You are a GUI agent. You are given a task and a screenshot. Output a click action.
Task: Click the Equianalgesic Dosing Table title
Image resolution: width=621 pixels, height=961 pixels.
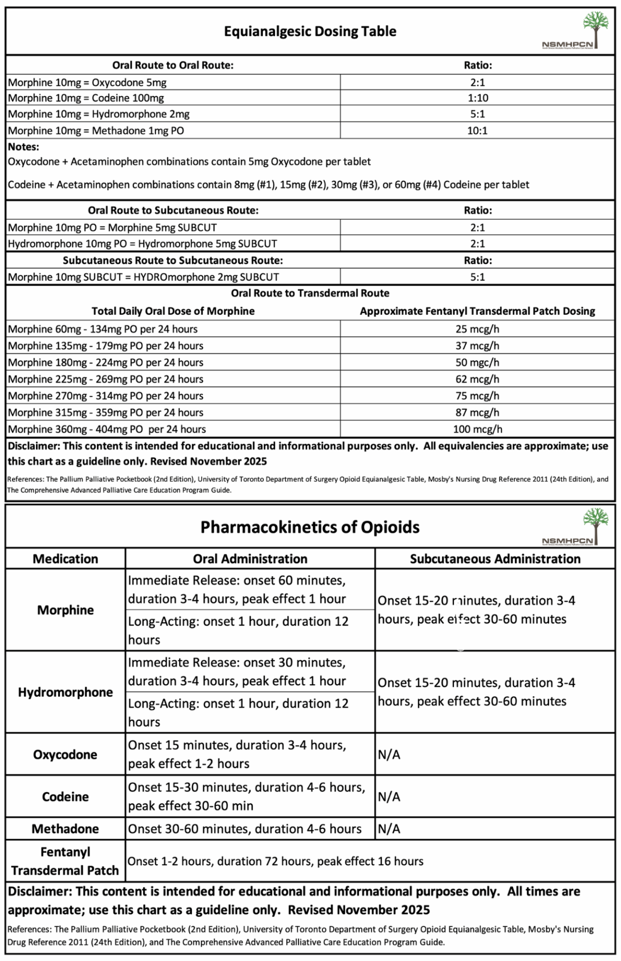click(310, 32)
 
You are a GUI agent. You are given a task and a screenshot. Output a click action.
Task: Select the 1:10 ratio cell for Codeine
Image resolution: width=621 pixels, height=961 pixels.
click(477, 98)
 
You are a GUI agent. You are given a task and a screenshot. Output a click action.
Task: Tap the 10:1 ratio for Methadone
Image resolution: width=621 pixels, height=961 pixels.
click(477, 131)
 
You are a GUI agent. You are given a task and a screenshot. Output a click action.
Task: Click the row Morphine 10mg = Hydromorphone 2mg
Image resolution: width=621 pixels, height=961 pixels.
click(99, 114)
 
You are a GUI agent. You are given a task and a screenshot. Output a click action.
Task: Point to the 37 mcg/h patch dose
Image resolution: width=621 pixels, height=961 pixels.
click(477, 346)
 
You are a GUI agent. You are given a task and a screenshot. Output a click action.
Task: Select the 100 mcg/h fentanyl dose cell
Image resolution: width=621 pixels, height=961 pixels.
click(477, 429)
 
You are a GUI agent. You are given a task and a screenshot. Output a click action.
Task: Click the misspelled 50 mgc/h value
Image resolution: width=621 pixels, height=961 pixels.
click(477, 362)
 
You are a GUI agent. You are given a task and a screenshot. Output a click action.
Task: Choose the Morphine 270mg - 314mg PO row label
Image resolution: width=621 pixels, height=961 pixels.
click(106, 396)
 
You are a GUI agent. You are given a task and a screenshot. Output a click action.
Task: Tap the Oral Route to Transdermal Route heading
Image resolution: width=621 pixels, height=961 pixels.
click(310, 293)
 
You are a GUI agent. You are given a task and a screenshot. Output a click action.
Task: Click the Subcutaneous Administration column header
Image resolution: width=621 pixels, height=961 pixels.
click(495, 559)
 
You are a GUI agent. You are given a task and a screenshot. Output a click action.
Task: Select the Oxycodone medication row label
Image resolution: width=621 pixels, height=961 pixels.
click(65, 755)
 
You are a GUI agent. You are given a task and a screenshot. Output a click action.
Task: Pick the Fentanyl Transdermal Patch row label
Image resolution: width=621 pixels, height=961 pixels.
click(65, 861)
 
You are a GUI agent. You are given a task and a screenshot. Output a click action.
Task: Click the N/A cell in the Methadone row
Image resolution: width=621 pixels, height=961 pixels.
click(389, 829)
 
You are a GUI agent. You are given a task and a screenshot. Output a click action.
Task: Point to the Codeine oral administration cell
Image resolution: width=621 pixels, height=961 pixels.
click(246, 796)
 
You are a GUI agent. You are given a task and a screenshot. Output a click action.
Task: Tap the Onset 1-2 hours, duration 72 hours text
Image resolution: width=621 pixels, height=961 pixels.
click(275, 861)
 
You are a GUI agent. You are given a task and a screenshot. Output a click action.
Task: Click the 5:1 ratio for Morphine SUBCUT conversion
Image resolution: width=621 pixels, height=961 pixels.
click(477, 277)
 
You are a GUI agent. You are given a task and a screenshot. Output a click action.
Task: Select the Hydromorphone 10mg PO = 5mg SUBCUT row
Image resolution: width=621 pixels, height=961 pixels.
click(142, 244)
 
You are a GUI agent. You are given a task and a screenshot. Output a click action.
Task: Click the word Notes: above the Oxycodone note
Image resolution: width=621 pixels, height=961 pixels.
click(23, 147)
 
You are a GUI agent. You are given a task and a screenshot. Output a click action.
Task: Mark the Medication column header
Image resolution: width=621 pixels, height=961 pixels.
click(65, 559)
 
